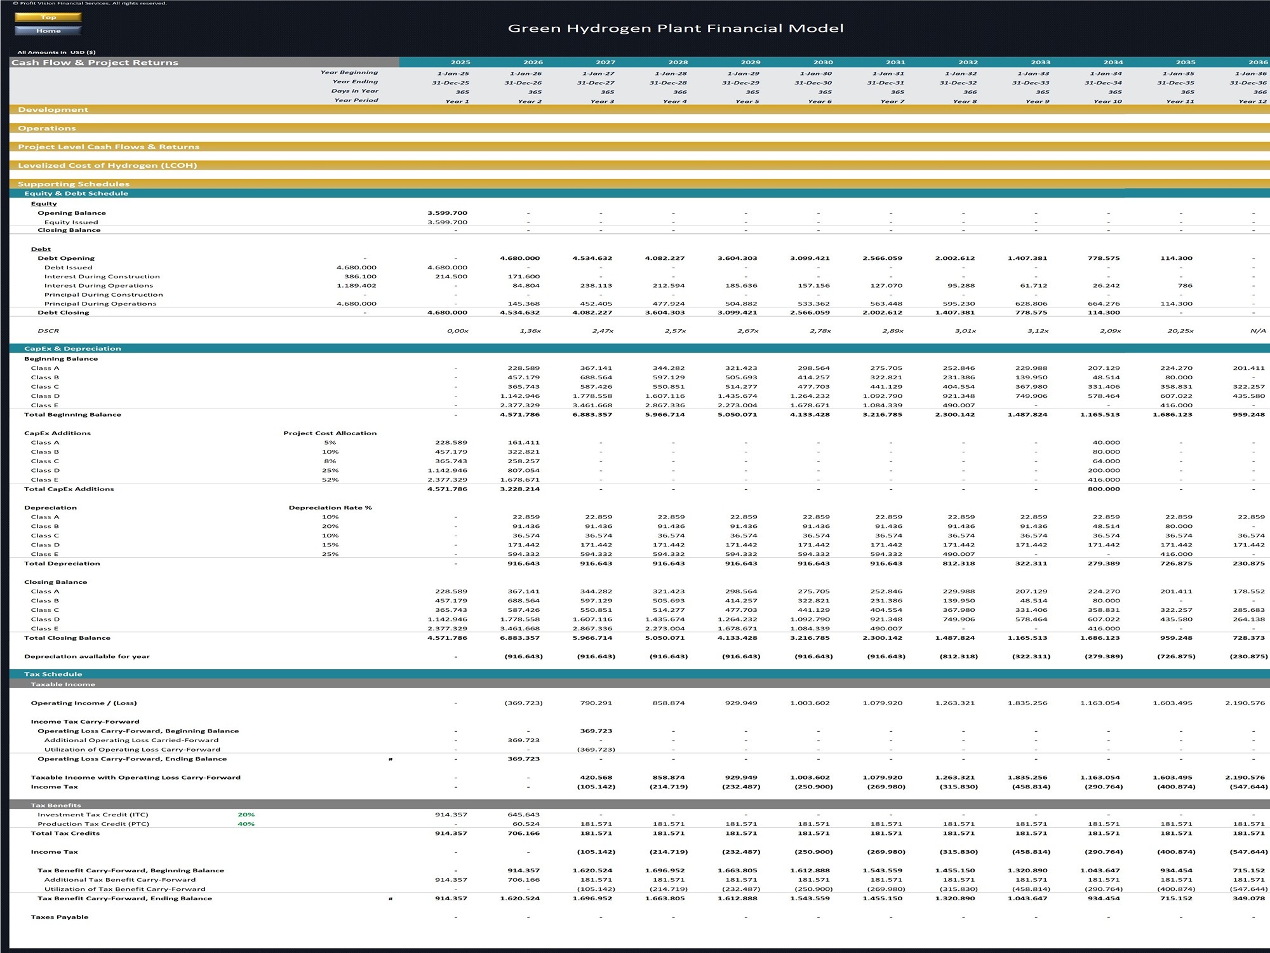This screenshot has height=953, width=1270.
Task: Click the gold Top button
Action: [x=48, y=17]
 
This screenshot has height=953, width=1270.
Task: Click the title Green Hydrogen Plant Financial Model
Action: [x=676, y=28]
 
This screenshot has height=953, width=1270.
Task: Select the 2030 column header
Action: [x=823, y=62]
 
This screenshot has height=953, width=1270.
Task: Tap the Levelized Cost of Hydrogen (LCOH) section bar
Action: [x=107, y=165]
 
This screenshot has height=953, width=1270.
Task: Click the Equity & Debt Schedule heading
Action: [x=76, y=193]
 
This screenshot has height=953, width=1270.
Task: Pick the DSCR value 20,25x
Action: [x=1180, y=331]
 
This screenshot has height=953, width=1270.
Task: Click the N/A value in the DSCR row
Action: [x=1258, y=331]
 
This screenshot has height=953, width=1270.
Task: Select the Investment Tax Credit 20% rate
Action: [x=246, y=814]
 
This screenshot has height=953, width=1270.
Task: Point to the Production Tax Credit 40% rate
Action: [x=246, y=824]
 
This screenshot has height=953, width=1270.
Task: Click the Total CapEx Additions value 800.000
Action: [x=1104, y=489]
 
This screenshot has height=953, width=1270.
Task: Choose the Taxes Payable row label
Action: [x=60, y=917]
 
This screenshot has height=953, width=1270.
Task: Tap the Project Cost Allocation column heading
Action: [x=330, y=433]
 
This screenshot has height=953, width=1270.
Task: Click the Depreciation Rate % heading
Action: [x=330, y=508]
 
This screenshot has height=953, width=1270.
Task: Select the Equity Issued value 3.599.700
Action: [x=447, y=222]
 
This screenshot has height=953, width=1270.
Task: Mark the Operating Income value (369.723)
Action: [x=523, y=703]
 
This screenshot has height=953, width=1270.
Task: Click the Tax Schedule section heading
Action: [x=53, y=674]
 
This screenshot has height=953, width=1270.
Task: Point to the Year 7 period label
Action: [x=892, y=101]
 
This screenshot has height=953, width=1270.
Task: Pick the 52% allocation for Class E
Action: [x=330, y=480]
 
